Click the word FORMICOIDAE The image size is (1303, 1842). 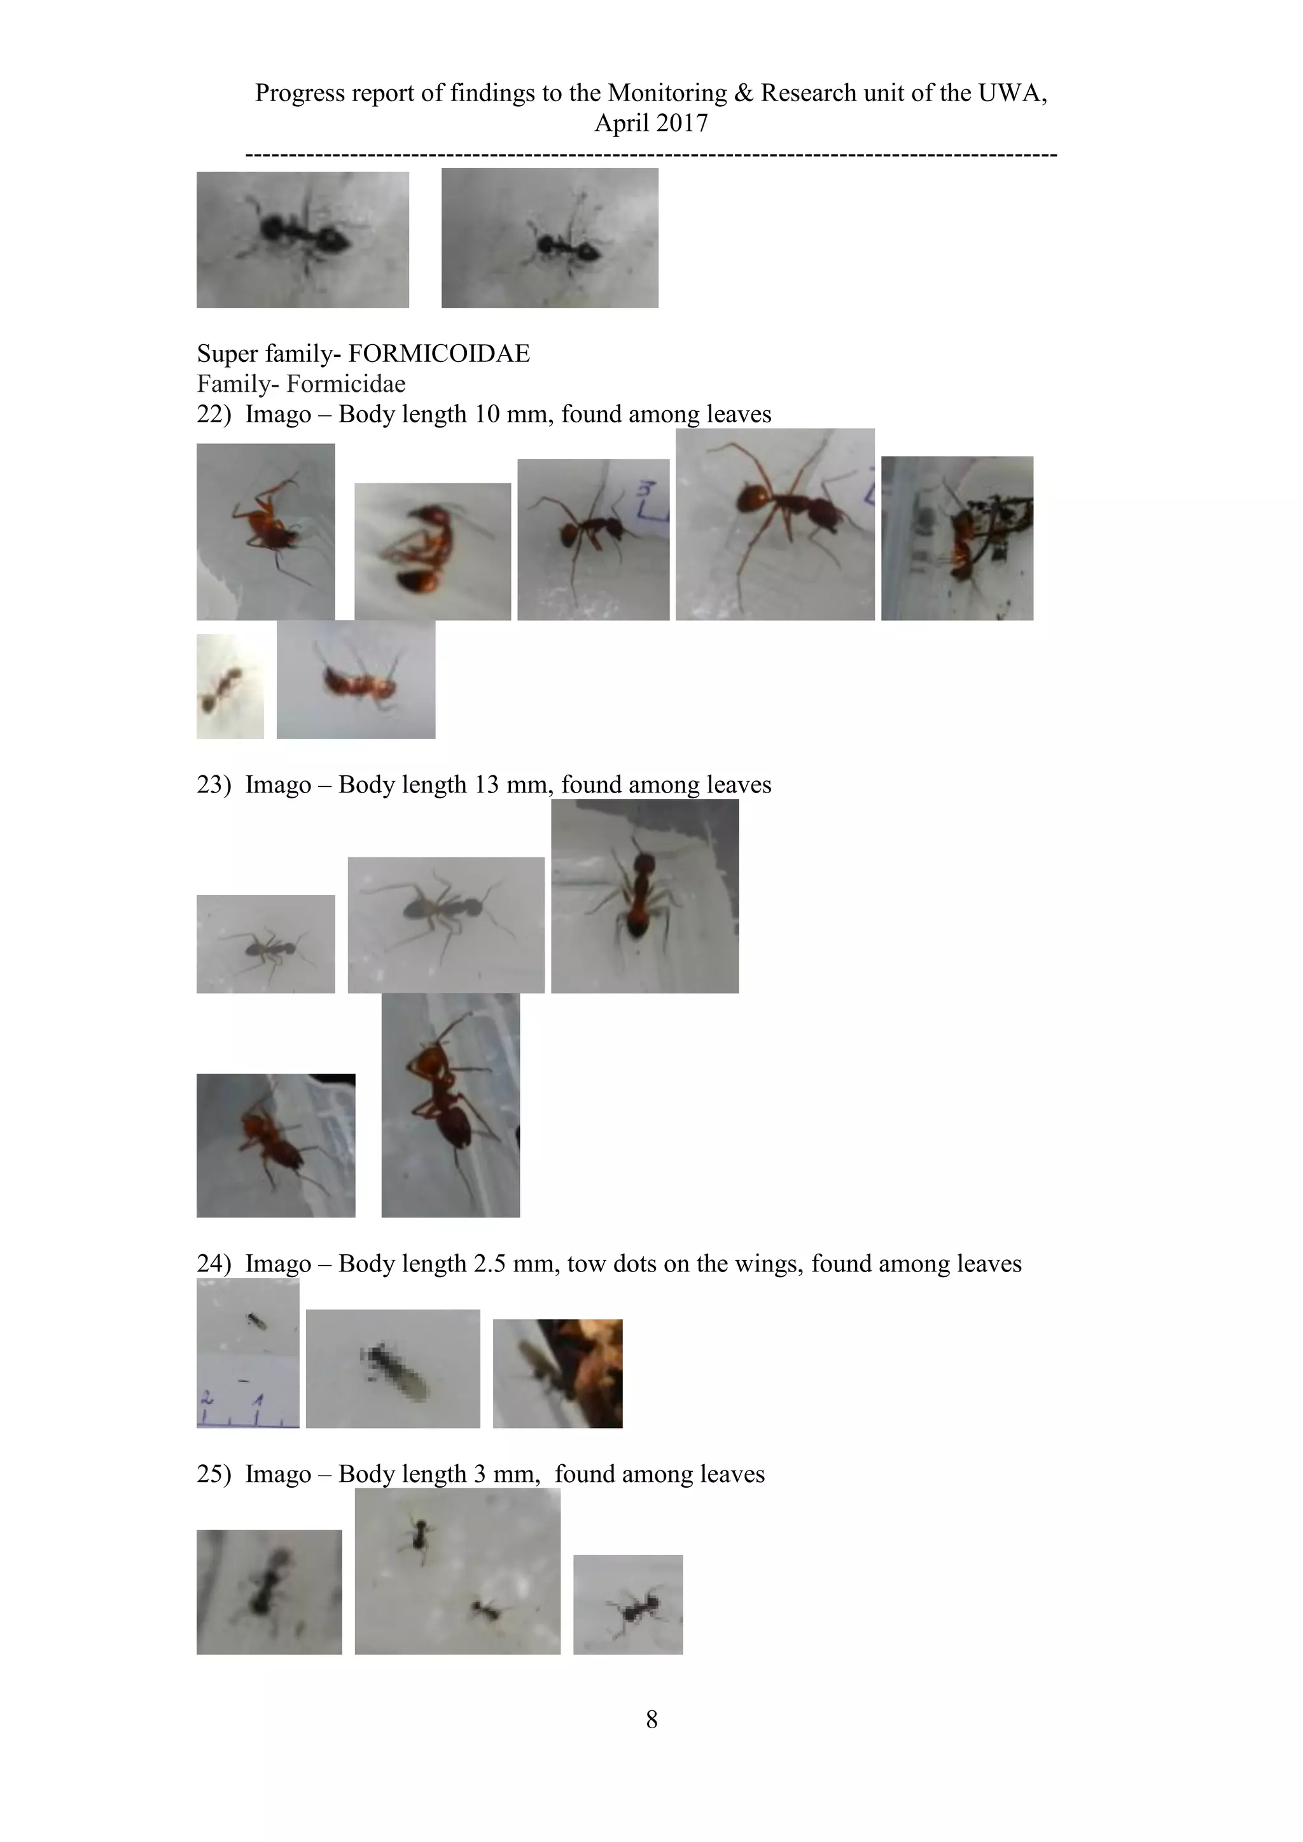point(439,354)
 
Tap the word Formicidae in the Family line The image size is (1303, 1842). point(346,384)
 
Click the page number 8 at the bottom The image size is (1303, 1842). point(651,1719)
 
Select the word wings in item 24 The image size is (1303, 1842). point(765,1264)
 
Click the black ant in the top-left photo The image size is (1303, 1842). point(302,235)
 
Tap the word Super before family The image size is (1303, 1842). point(228,354)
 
